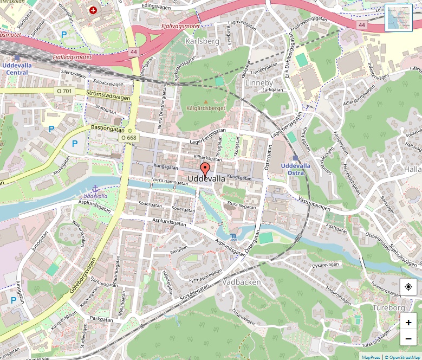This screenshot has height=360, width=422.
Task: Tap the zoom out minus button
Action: tap(408, 339)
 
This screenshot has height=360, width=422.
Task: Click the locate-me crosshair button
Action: tap(408, 286)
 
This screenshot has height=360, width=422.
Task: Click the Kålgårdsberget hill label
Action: tap(205, 108)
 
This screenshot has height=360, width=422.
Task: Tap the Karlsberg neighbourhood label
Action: tap(202, 41)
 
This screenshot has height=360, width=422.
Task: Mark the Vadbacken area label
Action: tap(242, 282)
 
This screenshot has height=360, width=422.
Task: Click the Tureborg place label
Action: tap(388, 307)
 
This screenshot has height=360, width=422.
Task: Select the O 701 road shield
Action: tap(64, 91)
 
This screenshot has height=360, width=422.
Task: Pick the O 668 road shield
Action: tap(129, 138)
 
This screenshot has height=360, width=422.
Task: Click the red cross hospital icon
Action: tap(94, 10)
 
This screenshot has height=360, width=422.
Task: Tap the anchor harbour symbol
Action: tap(95, 188)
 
